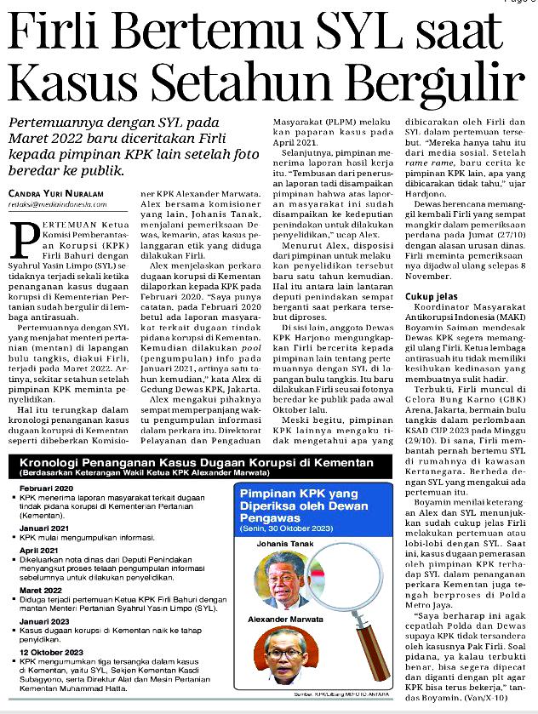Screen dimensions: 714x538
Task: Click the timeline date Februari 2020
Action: (x=50, y=485)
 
